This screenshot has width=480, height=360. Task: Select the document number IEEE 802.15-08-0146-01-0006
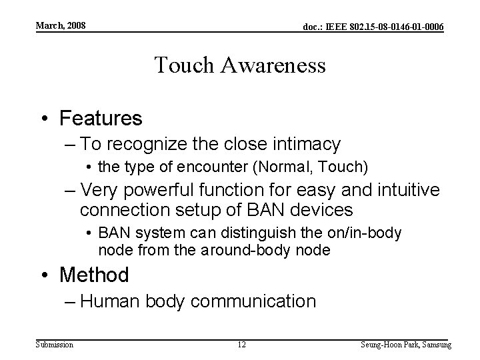point(373,27)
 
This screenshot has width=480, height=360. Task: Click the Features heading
point(101,119)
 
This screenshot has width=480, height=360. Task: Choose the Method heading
point(94,274)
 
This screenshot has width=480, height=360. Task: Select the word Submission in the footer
point(55,345)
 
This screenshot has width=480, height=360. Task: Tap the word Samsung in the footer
point(435,345)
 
